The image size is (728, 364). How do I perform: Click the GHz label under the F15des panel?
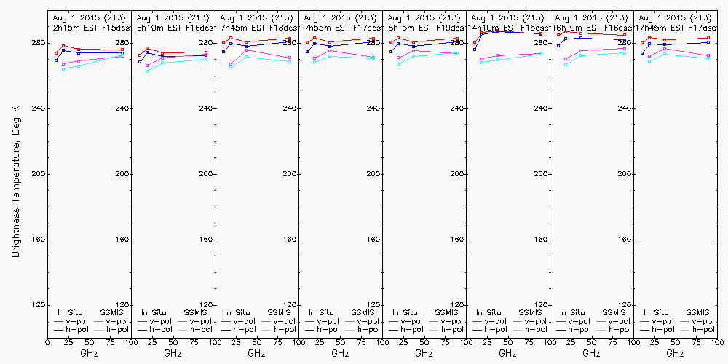coord(89,353)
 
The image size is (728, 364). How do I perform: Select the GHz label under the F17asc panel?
coord(675,353)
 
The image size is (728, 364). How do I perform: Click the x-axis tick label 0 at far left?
coord(47,340)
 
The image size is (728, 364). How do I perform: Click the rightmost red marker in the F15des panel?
coord(122,50)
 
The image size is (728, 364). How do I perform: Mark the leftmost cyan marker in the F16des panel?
coord(147,71)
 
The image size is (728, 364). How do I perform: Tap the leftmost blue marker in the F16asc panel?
coord(558,45)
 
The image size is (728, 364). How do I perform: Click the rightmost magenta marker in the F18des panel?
coord(290,58)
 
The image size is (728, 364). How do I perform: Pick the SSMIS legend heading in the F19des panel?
coord(446,312)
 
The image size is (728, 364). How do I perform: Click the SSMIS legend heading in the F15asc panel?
coord(530,312)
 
